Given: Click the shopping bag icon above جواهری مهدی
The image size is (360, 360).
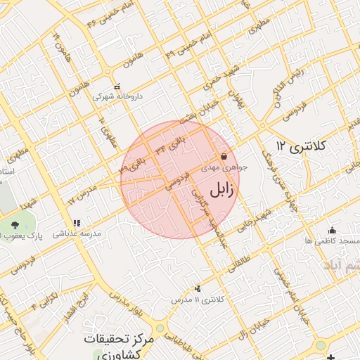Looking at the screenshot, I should click(x=224, y=156).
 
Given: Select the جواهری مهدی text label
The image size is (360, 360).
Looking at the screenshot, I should click(x=221, y=168).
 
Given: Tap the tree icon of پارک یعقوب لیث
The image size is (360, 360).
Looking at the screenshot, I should click(x=15, y=224).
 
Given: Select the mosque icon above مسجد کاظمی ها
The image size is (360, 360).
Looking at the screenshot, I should click(x=332, y=230).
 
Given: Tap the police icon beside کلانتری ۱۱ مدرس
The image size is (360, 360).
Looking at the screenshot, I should click(x=197, y=288).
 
